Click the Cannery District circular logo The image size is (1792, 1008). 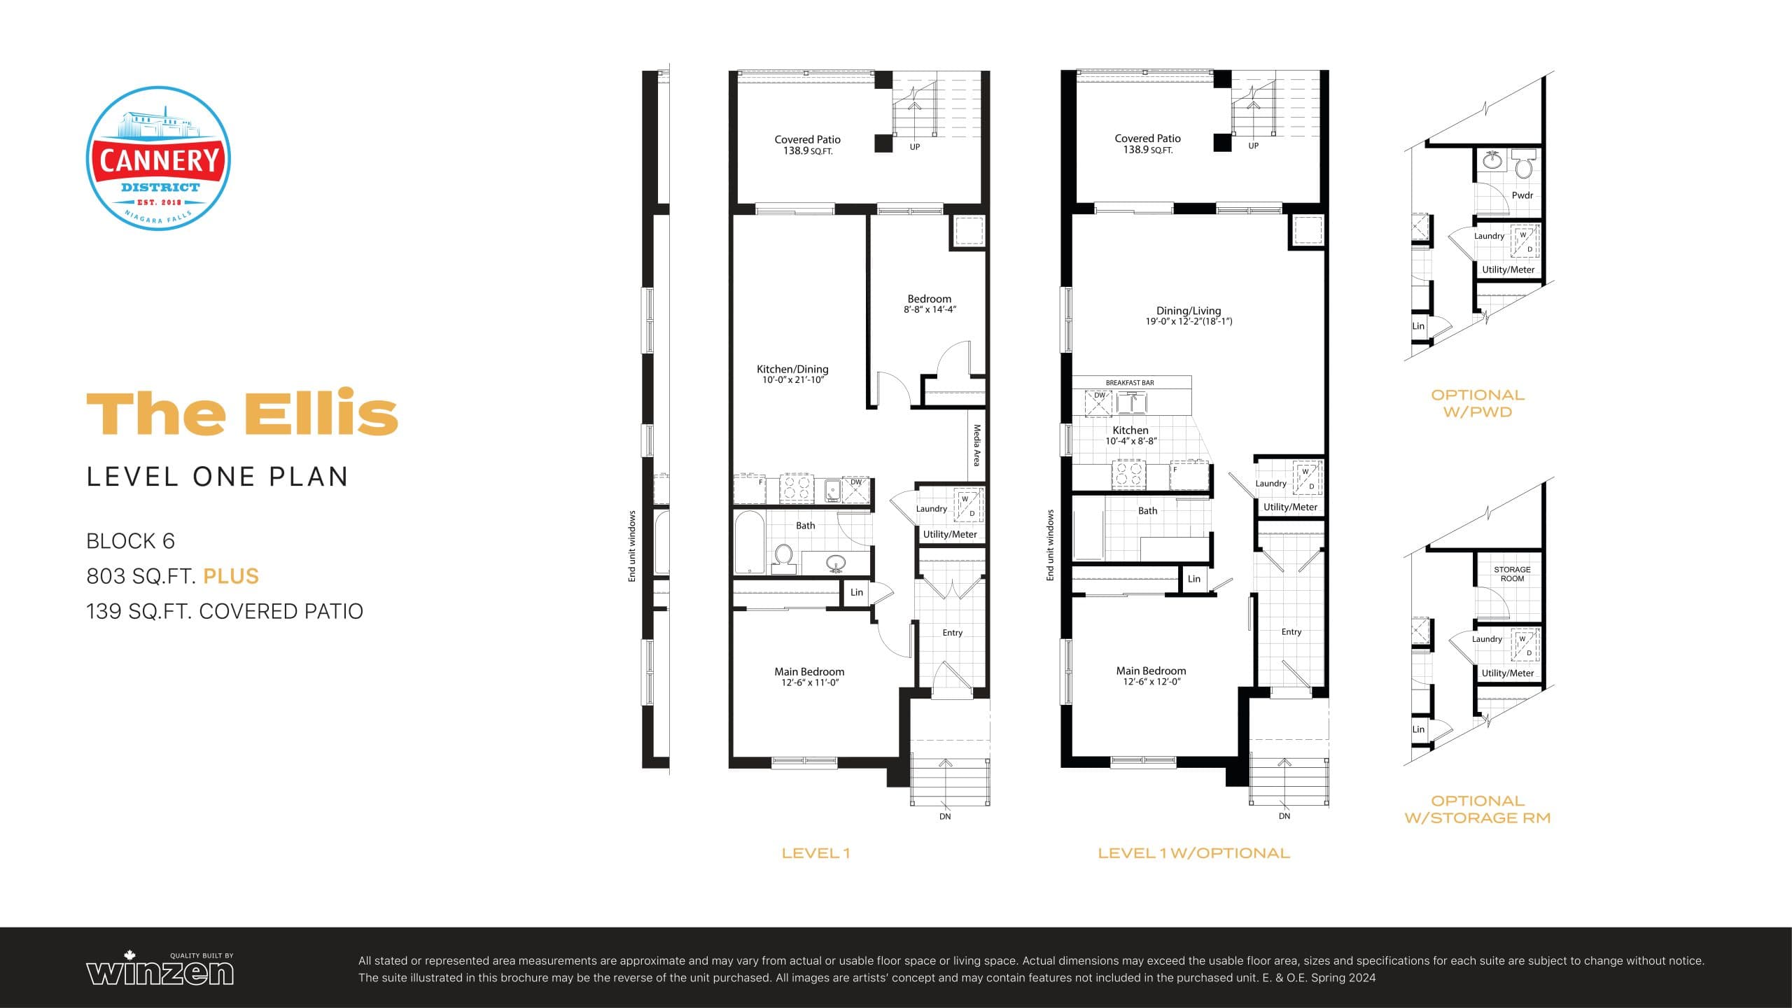coord(159,158)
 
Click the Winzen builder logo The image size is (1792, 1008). coord(160,970)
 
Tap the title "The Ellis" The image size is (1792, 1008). coord(242,413)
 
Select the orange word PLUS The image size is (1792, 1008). coord(231,576)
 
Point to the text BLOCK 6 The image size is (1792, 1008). coord(130,541)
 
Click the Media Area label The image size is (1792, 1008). coord(976,445)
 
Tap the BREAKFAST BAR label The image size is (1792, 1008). coord(1129,383)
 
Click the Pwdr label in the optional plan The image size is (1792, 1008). coord(1522,195)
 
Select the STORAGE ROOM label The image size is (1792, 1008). coord(1512,574)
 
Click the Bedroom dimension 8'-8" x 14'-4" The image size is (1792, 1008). coord(930,309)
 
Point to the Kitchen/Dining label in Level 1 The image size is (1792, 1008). coord(792,369)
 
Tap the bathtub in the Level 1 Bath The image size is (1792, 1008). coord(749,542)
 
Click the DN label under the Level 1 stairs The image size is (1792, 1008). coord(945,816)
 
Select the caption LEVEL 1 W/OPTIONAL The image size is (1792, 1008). coord(1193,853)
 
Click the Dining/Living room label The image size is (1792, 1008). coord(1189,311)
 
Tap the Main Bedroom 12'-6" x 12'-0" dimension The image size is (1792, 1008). coord(1151,682)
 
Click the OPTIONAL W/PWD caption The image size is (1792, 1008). coord(1477,403)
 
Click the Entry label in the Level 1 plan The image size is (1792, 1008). coord(952,633)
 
